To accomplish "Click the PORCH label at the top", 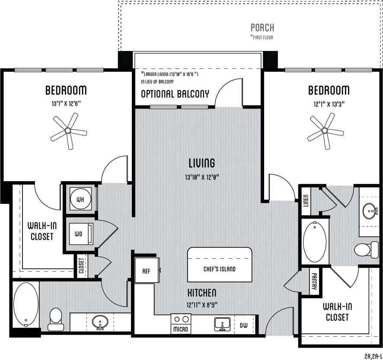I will pos(262,28).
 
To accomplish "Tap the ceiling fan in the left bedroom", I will pos(68,131).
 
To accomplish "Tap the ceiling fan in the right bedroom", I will pos(325,131).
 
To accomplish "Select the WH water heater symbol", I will pos(81,199).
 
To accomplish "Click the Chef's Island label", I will pos(220,269).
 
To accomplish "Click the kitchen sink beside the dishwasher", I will pos(223,324).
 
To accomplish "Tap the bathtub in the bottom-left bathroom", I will pos(26,305).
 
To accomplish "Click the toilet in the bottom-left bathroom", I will pos(55,316).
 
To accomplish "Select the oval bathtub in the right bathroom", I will pos(315,241).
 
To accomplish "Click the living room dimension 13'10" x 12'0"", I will pos(201,177).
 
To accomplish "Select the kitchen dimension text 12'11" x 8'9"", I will pos(201,304).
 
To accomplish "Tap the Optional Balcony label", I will pos(175,94).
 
